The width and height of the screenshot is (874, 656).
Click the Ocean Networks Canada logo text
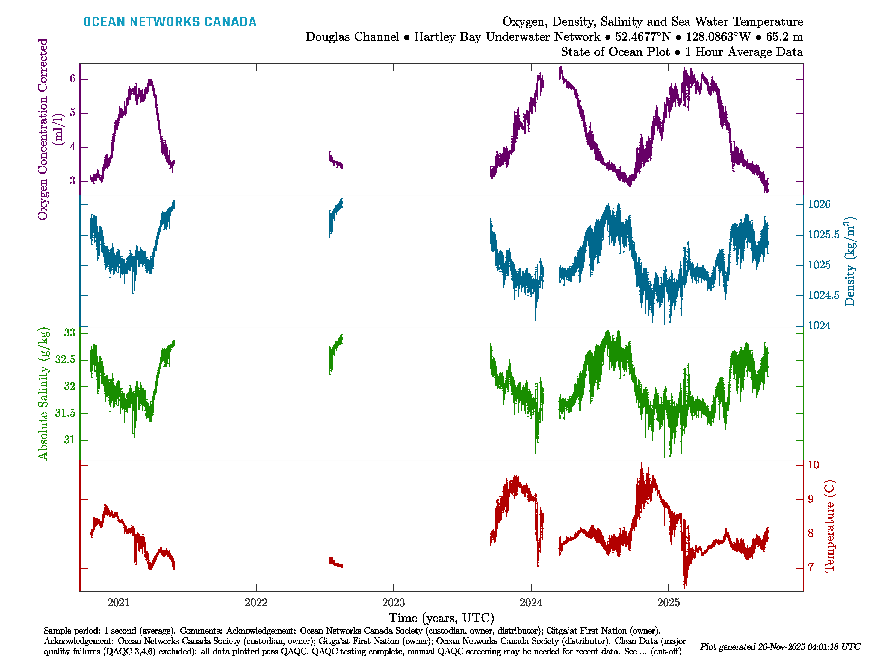(x=170, y=22)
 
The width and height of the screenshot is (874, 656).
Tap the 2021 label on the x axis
(x=119, y=603)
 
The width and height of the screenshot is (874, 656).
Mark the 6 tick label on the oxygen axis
(x=72, y=79)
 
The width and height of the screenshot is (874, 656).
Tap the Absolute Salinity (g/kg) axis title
(x=43, y=393)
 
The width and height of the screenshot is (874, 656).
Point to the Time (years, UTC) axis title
(x=441, y=618)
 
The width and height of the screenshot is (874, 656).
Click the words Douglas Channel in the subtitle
(x=352, y=37)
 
